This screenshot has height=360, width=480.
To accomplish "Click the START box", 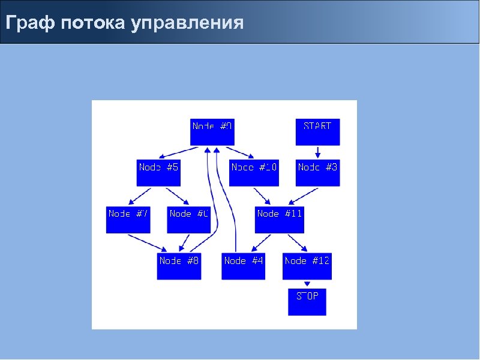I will [317, 131].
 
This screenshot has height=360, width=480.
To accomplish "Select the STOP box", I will [307, 301].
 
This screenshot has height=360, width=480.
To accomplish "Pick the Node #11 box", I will [280, 220].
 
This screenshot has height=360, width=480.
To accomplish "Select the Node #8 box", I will [179, 266].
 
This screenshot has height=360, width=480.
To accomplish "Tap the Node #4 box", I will [243, 266].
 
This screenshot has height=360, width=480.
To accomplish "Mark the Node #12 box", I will [307, 266].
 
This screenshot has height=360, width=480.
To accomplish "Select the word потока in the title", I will [93, 23].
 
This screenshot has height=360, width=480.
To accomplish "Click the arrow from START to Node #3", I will [318, 152].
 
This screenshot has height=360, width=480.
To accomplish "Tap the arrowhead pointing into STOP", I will [307, 284].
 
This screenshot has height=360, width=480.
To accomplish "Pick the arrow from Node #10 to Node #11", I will [262, 196].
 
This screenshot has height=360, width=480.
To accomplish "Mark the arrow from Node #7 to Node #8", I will [147, 242].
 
